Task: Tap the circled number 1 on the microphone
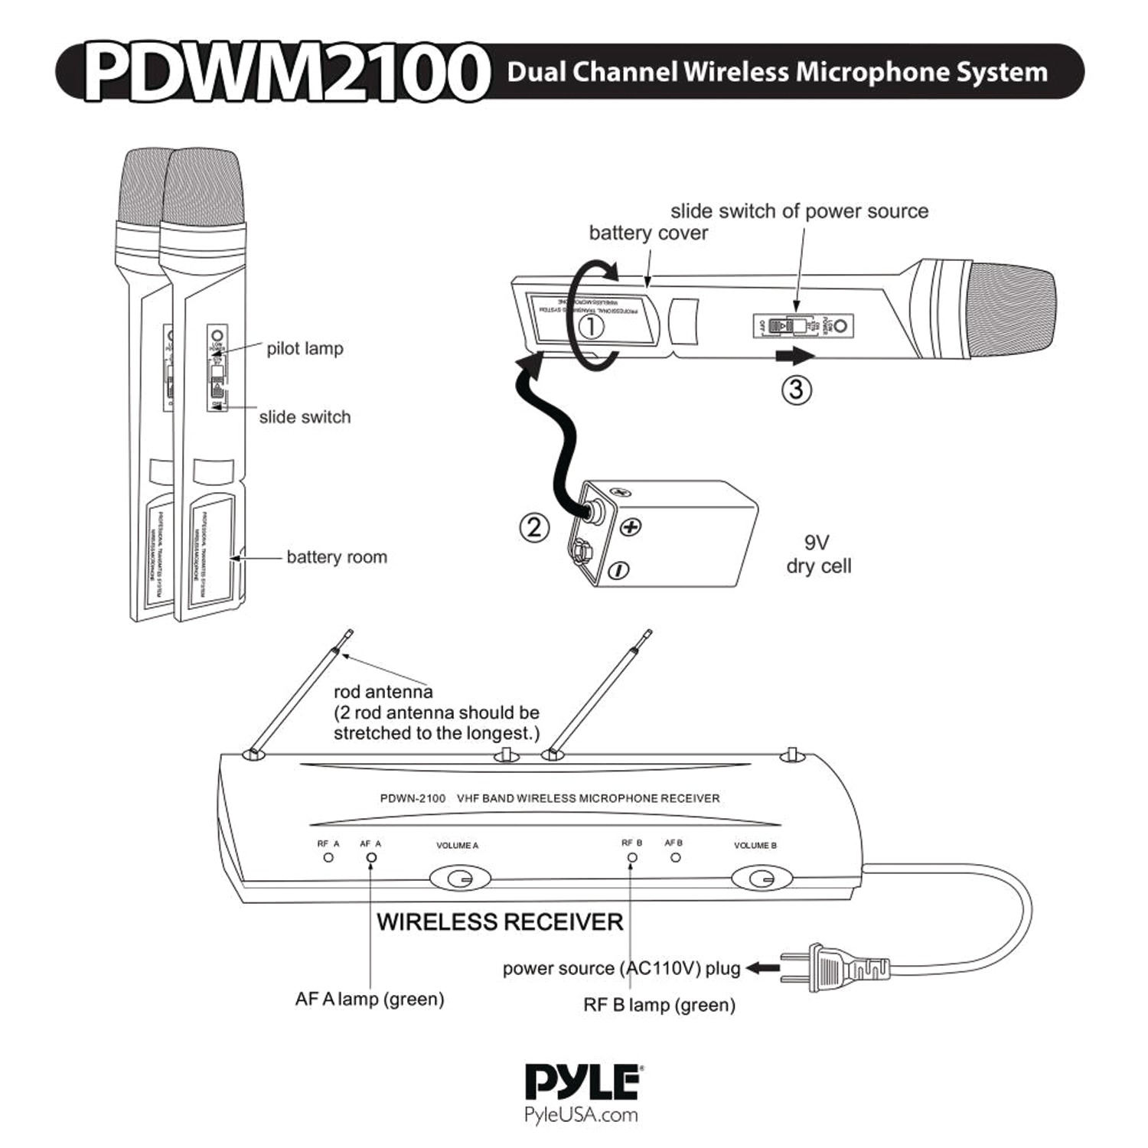pos(590,327)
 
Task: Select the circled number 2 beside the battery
pos(534,527)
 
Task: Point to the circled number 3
pos(796,390)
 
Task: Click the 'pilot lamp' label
pos(305,349)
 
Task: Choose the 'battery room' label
pos(337,557)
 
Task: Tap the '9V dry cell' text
pos(818,554)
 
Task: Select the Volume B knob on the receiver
pos(760,878)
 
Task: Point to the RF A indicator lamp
pos(328,857)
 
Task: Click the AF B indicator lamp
pos(675,857)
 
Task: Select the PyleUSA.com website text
pos(581,1114)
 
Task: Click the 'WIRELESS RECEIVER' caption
pos(500,921)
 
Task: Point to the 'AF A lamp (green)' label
pos(370,999)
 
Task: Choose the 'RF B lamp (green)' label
pos(659,1005)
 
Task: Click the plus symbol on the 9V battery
pos(630,527)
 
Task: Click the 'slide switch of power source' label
pos(799,211)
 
